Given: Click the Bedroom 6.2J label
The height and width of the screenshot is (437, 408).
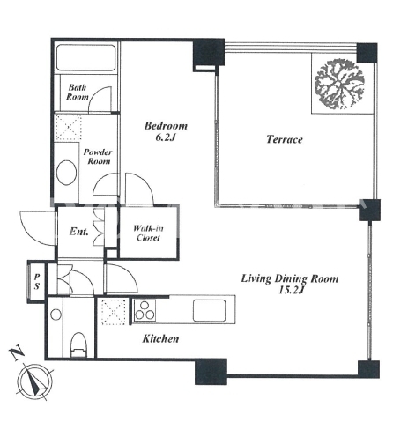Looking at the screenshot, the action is point(166,131).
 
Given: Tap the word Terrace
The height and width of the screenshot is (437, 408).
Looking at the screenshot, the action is point(285,139).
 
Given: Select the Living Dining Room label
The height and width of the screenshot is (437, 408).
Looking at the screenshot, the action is point(290,284).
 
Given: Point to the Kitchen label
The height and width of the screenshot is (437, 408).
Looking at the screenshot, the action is point(160,338).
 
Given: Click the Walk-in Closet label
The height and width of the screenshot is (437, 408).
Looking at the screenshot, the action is point(148,233).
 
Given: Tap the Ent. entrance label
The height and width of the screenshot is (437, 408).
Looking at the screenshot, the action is point(78,232).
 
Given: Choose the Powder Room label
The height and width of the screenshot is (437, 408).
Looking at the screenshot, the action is point(98,157).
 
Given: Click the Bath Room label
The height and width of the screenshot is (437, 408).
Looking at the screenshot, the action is point(78,92).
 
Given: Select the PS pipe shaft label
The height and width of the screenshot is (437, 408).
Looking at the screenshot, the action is point(37,282).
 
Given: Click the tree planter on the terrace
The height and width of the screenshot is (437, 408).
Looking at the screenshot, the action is point(339,85).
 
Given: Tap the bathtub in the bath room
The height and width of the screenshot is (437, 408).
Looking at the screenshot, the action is point(85,57).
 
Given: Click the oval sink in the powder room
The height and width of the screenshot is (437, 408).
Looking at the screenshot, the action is point(67,173).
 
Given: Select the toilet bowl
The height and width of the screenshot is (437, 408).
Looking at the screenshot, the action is point(78,344).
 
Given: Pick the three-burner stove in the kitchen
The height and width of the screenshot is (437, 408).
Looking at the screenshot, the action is point(145,310).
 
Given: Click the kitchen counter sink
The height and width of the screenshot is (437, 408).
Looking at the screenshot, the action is point(210,310).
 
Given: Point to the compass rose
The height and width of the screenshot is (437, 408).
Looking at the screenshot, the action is point(35,381).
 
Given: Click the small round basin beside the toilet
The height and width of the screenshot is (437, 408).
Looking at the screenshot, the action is point(56,315).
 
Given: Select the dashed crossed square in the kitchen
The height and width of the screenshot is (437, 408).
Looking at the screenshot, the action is point(114,312).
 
